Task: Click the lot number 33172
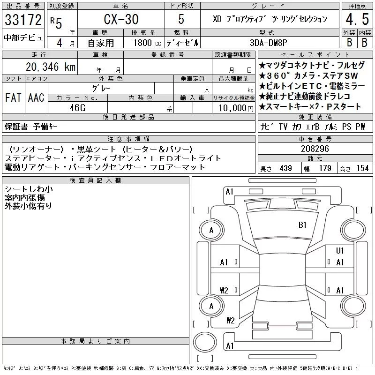tap(23, 20)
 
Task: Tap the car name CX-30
tap(121, 19)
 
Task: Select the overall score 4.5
tap(357, 19)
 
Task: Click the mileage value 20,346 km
tap(51, 67)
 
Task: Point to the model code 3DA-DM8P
tap(268, 43)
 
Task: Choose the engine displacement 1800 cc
tap(147, 43)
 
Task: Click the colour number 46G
tap(77, 108)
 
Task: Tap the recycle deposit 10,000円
tap(236, 108)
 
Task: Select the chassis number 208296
tap(315, 149)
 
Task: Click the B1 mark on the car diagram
tap(302, 225)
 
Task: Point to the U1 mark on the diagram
tap(340, 250)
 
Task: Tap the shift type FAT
tap(14, 97)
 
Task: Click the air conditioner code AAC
tap(36, 97)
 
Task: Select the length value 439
tap(285, 168)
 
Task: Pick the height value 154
tap(362, 168)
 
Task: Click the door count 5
tap(181, 19)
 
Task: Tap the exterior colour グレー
tap(101, 89)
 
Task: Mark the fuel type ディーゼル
tap(182, 43)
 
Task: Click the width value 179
tap(325, 168)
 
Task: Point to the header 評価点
tap(357, 6)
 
